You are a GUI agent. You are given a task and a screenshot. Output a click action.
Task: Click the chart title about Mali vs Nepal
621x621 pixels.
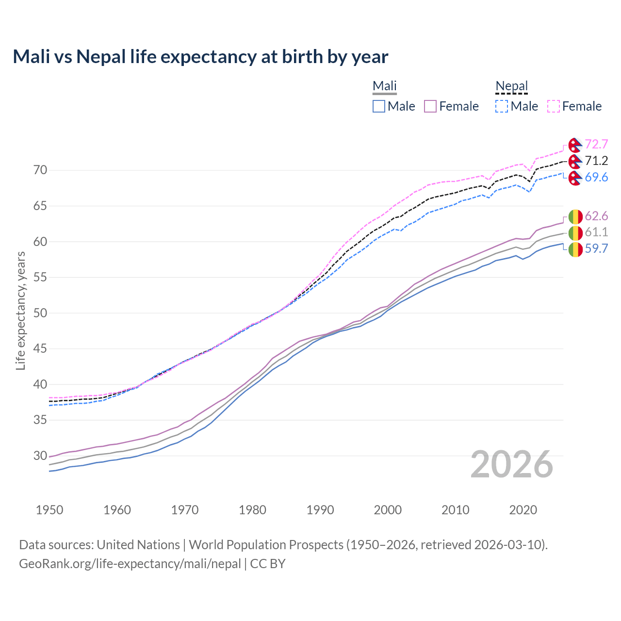click(x=200, y=57)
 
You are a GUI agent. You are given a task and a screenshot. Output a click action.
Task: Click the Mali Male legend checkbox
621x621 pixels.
click(x=379, y=106)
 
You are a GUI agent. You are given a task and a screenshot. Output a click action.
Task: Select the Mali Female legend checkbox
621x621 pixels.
click(x=430, y=106)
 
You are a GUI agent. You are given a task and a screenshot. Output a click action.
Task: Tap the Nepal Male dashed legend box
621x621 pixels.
click(x=502, y=106)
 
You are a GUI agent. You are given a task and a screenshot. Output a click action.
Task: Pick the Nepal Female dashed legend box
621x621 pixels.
click(x=554, y=106)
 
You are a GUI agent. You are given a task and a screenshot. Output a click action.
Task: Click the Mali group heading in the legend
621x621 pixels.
click(x=385, y=86)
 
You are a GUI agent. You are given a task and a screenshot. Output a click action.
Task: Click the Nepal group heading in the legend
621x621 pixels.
click(x=511, y=86)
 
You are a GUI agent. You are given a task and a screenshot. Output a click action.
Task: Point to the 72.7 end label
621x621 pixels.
click(x=596, y=145)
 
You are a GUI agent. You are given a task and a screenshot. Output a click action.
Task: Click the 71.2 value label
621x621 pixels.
click(x=596, y=161)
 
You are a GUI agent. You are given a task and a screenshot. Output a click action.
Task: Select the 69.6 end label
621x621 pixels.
click(x=596, y=178)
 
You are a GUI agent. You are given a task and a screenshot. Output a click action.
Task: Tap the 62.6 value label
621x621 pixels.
click(x=596, y=216)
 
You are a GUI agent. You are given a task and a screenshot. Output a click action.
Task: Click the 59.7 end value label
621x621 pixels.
click(x=596, y=249)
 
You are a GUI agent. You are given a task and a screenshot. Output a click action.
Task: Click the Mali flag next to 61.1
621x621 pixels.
click(x=575, y=233)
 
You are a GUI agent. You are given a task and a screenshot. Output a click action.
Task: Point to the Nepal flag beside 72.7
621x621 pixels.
click(x=575, y=145)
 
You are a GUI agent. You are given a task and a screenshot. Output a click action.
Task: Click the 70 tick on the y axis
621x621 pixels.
click(x=40, y=170)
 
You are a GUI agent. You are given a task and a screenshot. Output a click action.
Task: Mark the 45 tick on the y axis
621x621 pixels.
click(x=40, y=349)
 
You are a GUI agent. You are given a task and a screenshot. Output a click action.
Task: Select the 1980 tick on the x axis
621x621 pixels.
click(x=252, y=510)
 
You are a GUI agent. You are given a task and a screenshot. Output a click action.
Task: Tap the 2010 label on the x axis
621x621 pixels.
click(x=455, y=510)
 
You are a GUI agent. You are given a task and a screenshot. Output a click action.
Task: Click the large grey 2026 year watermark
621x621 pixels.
click(x=511, y=465)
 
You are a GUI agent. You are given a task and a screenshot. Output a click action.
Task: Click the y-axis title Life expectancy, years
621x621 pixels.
click(x=21, y=310)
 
